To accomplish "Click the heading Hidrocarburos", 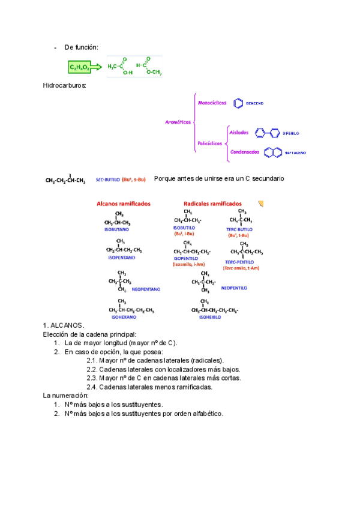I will (65, 86).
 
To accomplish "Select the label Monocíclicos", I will (212, 103).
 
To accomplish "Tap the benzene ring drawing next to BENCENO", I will (238, 104).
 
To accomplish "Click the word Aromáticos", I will (178, 122).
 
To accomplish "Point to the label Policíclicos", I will (209, 143).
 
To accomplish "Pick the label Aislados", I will (241, 131).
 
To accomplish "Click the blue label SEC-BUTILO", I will (107, 179).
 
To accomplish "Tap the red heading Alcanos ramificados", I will (124, 203).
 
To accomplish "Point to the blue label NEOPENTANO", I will (146, 289).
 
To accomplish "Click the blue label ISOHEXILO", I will (210, 316).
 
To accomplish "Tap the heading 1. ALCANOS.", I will (64, 325).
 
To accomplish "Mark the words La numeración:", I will (67, 396).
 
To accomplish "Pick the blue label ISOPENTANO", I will (121, 257).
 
